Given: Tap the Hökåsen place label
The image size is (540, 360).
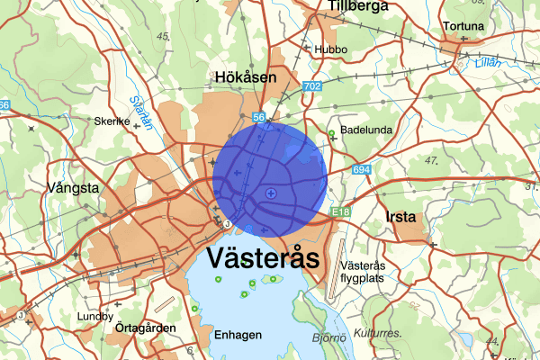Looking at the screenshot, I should (x=245, y=78).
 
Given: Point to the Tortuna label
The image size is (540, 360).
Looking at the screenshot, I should (x=463, y=27).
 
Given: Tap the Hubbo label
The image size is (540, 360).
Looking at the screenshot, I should (x=329, y=49).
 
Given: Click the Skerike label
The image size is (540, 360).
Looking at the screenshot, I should (x=112, y=121).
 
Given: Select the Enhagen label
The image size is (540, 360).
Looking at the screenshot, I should (x=238, y=335).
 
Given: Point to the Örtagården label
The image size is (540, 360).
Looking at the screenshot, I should (x=145, y=328).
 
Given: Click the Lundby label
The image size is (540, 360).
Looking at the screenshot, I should (x=95, y=317).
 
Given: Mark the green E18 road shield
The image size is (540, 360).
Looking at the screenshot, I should (x=339, y=211).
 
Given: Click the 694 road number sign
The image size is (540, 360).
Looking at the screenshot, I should (x=362, y=170).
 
